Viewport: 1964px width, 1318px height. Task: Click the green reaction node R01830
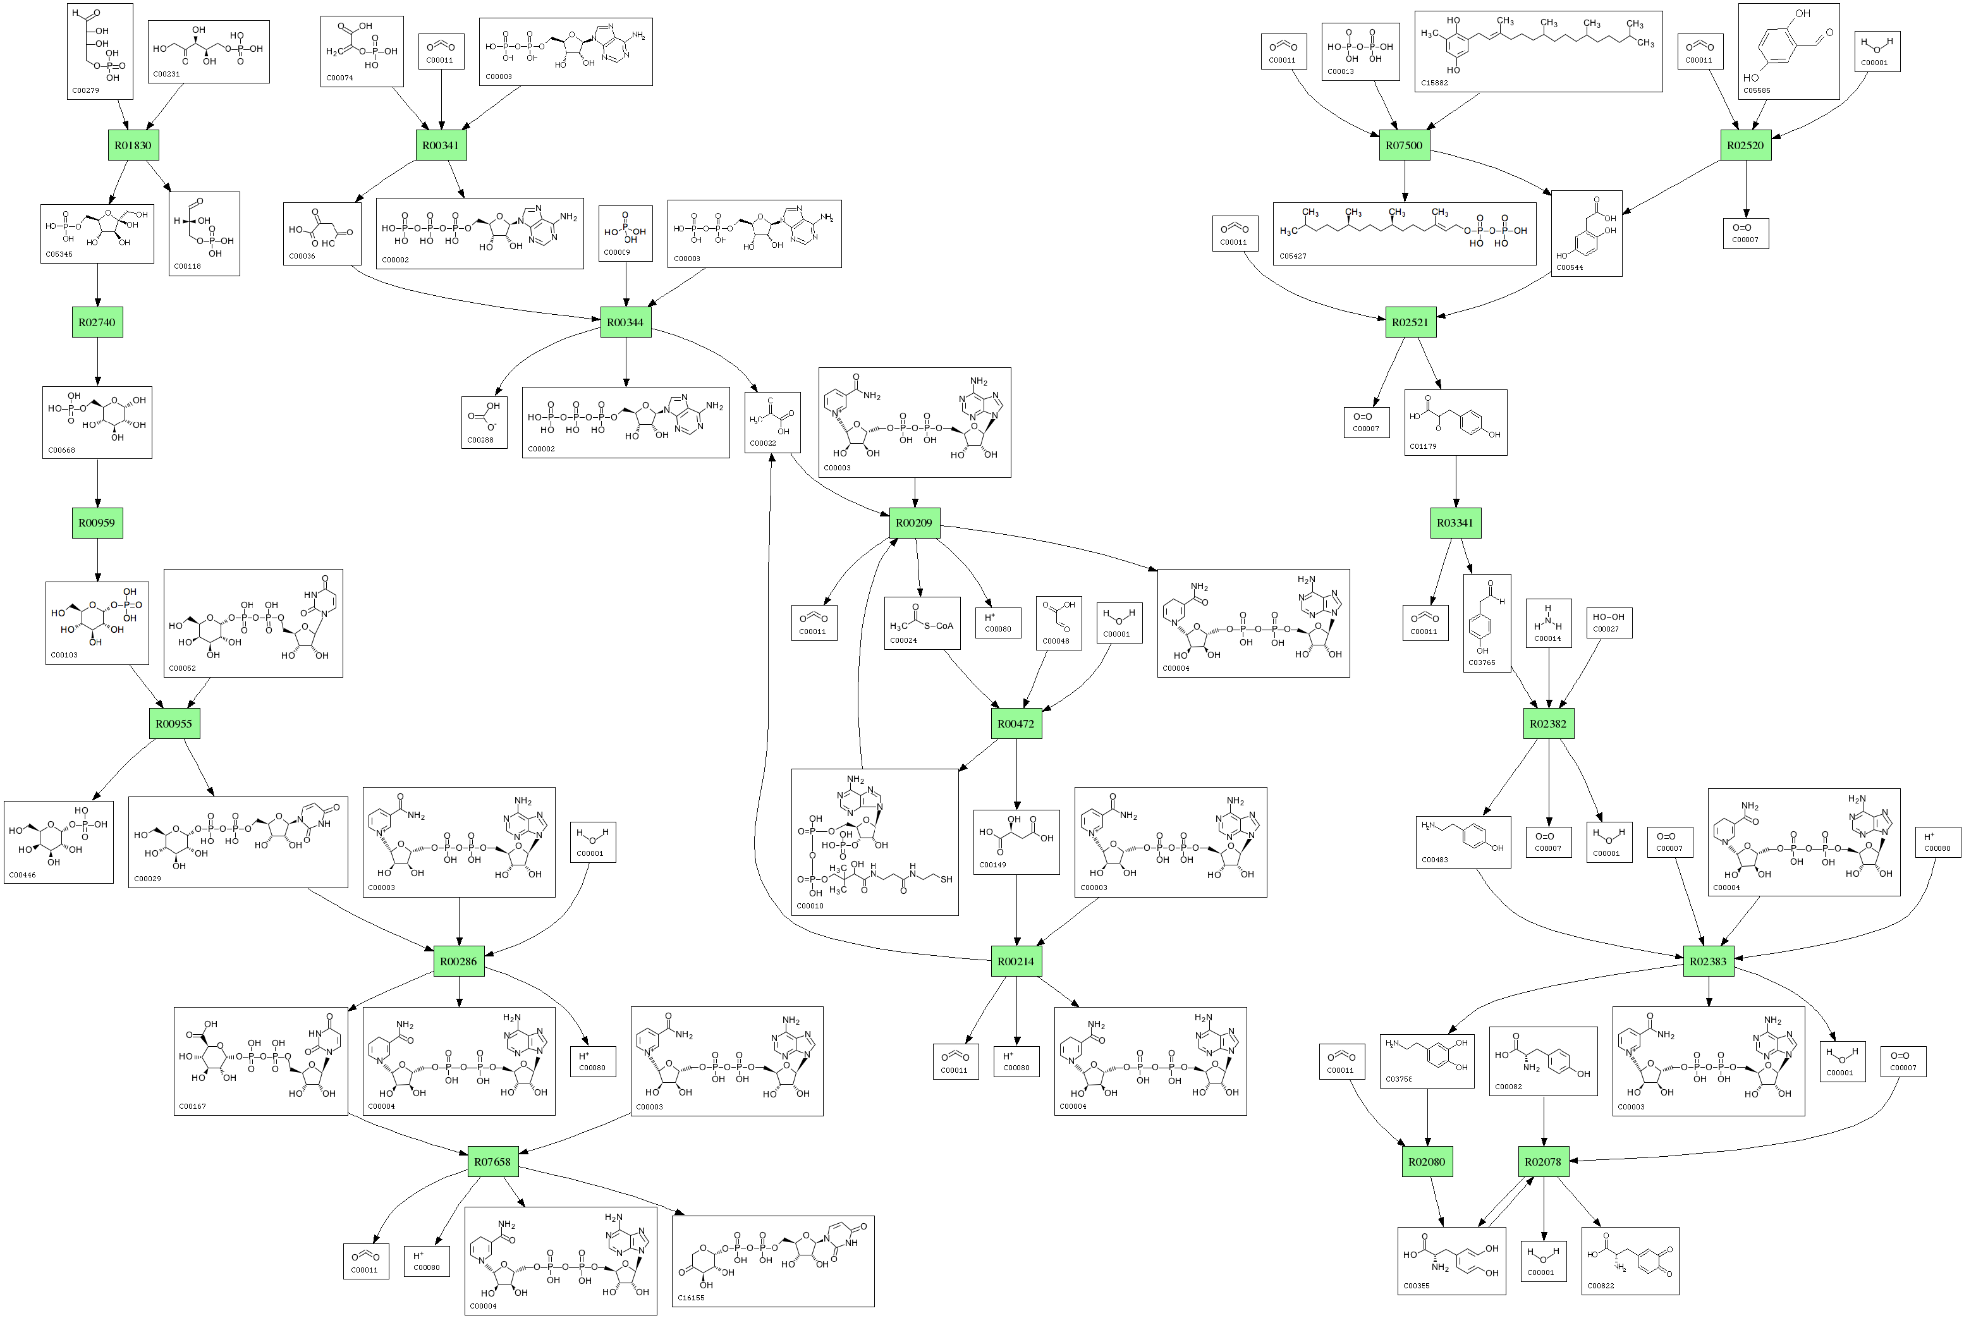pos(133,145)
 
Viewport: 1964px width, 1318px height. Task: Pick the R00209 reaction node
pos(914,523)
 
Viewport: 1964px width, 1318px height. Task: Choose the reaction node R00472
pos(1016,724)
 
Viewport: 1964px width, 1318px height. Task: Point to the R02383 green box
pos(1709,961)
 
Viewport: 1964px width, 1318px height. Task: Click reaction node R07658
pos(492,1162)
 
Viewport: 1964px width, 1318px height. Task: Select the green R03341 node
pos(1455,523)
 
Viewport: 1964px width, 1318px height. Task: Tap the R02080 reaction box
pos(1427,1162)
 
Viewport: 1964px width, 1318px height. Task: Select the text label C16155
pos(691,1298)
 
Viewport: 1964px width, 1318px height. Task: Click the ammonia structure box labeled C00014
pos(1548,623)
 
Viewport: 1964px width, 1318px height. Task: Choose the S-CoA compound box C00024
pos(921,623)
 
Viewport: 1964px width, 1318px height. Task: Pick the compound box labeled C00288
pos(484,422)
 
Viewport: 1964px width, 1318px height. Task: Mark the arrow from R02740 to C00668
pos(97,362)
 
